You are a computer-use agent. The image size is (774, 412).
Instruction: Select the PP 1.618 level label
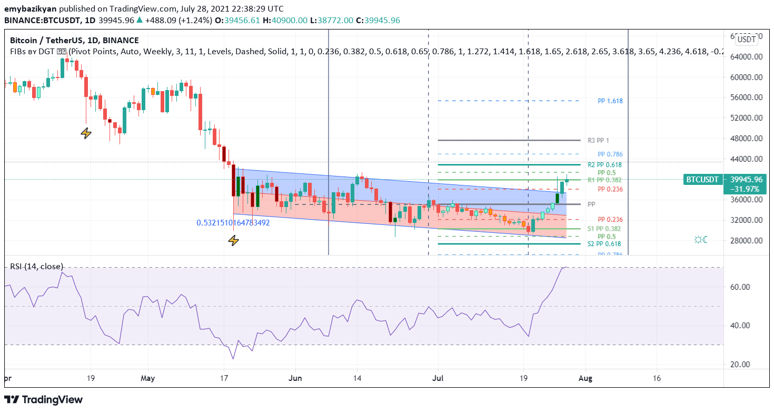click(610, 101)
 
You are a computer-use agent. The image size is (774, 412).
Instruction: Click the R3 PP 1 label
click(599, 140)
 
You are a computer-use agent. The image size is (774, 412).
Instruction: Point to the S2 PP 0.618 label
click(604, 244)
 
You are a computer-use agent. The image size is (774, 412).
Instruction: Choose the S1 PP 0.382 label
click(604, 229)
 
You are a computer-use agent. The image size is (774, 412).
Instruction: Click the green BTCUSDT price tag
click(702, 180)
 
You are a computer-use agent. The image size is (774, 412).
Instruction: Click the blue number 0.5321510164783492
click(233, 223)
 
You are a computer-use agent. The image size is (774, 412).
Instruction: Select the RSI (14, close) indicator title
click(36, 267)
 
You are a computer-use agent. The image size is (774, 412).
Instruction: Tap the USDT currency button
click(746, 39)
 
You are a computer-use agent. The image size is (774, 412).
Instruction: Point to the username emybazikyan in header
click(30, 9)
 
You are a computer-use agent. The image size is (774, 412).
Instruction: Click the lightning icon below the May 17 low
click(233, 241)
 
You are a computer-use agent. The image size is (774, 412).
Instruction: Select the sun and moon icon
click(701, 240)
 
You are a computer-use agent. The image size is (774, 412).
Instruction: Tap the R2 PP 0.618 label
click(604, 165)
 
